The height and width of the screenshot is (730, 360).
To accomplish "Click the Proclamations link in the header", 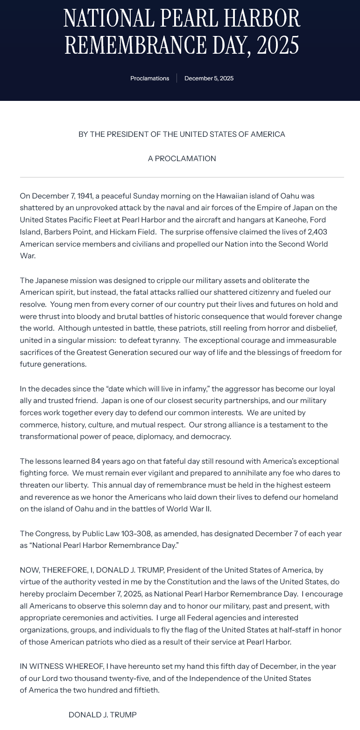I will [149, 78].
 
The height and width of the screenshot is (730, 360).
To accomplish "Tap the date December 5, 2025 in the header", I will [209, 78].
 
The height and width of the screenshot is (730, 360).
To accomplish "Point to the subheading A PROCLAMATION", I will [182, 159].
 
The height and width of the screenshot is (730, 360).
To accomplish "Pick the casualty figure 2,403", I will [318, 232].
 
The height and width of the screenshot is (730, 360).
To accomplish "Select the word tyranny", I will [165, 340].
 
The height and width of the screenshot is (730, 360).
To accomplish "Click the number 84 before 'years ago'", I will [96, 461].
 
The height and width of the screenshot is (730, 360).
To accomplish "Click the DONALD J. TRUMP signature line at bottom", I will [103, 715].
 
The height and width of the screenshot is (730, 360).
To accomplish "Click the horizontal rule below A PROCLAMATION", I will [182, 177].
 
